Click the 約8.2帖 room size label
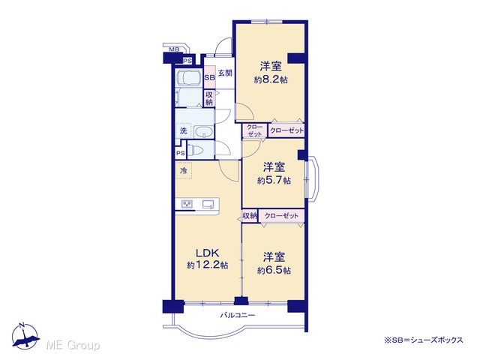point(271,80)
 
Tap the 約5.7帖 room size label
point(274,181)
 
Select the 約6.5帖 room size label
point(274,271)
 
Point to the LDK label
point(207,253)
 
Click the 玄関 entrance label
point(225,73)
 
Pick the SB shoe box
point(209,77)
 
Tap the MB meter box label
point(174,49)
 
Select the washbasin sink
point(204,132)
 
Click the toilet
point(195,151)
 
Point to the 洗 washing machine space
point(183,131)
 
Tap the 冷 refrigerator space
point(183,170)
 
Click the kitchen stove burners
point(187,204)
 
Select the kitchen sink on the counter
point(208,204)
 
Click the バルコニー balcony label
point(238,315)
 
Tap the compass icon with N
point(25,336)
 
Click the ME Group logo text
point(73,345)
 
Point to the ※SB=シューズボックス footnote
point(423,340)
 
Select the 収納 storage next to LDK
point(250,216)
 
